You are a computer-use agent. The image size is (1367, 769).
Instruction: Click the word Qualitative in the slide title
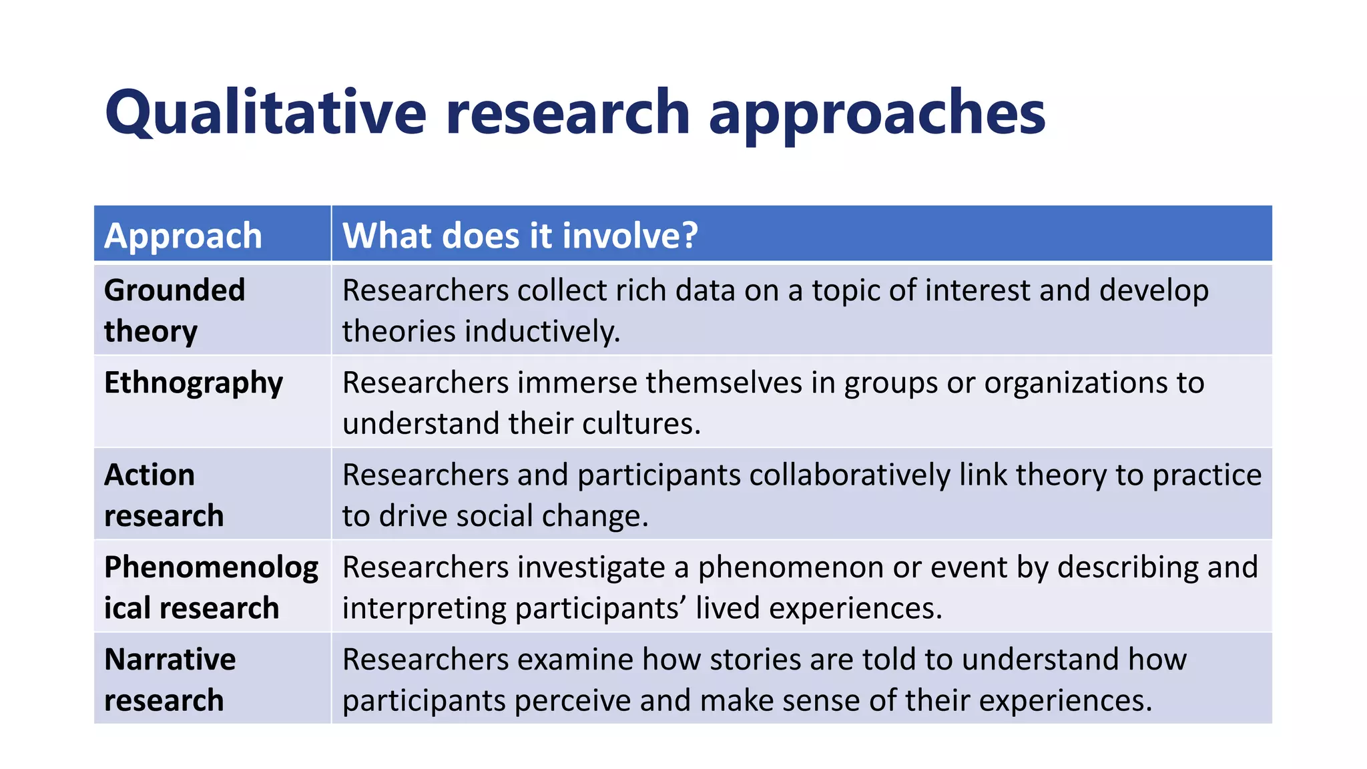coord(265,112)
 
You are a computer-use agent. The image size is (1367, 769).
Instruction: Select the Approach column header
coord(183,236)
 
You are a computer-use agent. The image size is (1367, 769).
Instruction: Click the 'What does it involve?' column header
coord(520,236)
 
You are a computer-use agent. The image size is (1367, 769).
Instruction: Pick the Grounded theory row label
coord(174,310)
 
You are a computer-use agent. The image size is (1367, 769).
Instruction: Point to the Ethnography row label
coord(194,383)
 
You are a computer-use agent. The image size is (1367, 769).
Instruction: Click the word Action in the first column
coord(150,475)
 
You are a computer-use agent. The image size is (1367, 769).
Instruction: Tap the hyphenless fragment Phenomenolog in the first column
coord(211,567)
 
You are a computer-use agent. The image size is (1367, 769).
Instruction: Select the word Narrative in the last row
coord(170,660)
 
